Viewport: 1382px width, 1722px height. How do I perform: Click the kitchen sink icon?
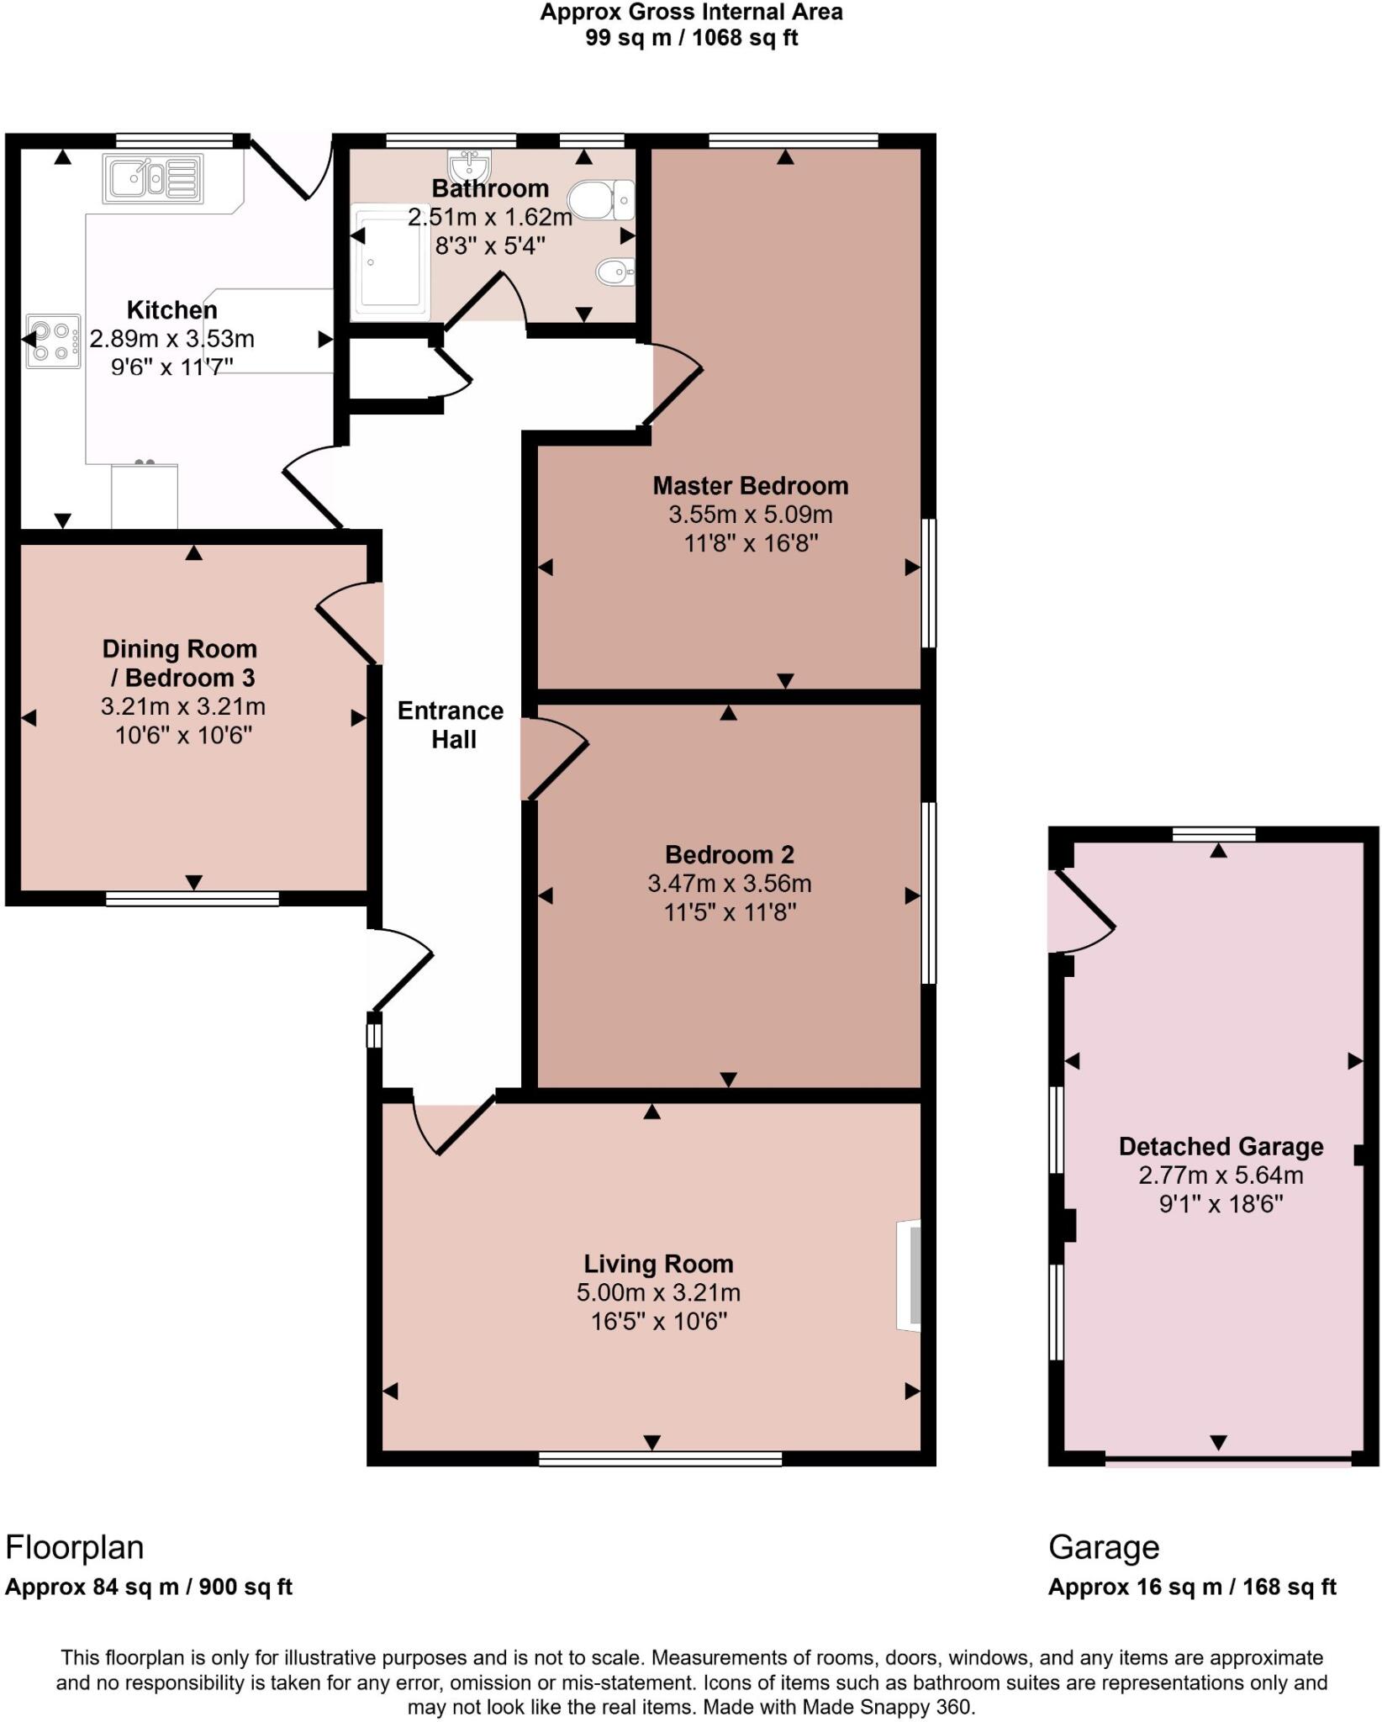pyautogui.click(x=152, y=178)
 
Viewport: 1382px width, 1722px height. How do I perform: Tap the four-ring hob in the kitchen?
pyautogui.click(x=53, y=341)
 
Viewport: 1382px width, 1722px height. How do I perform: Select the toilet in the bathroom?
pyautogui.click(x=600, y=200)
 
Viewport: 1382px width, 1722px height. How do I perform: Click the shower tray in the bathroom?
pyautogui.click(x=389, y=262)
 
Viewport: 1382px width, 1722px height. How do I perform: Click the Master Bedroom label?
pyautogui.click(x=750, y=485)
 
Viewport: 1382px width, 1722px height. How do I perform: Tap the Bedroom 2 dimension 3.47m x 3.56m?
pyautogui.click(x=729, y=883)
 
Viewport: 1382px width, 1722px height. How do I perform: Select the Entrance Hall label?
pyautogui.click(x=451, y=725)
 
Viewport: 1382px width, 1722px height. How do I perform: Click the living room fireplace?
pyautogui.click(x=909, y=1275)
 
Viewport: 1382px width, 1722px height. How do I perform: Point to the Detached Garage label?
pyautogui.click(x=1221, y=1146)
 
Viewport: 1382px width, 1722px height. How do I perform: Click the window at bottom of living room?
pyautogui.click(x=660, y=1459)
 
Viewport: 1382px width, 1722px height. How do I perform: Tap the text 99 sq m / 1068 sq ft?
pyautogui.click(x=691, y=38)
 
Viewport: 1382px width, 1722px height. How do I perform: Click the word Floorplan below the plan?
pyautogui.click(x=75, y=1547)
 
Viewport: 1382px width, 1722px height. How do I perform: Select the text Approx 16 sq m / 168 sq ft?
pyautogui.click(x=1191, y=1587)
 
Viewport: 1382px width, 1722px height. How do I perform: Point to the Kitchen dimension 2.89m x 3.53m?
pyautogui.click(x=171, y=339)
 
